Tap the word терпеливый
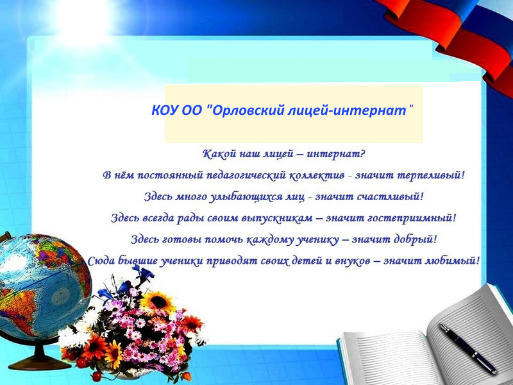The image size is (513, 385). point(431,175)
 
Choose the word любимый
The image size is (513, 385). point(452,261)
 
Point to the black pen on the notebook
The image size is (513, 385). point(467,348)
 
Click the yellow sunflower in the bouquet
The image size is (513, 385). point(158,302)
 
